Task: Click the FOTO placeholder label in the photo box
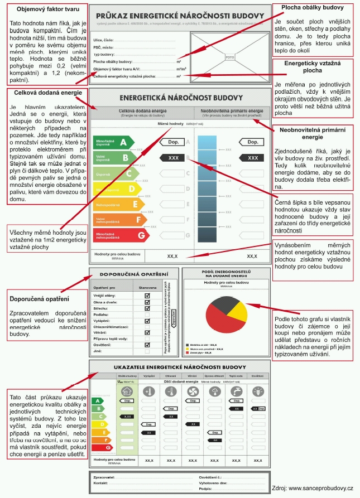coord(229,57)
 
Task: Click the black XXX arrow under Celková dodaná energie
coord(173,158)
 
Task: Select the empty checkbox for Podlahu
coord(147,314)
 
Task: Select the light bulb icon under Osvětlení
coord(257,392)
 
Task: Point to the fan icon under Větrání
coord(192,392)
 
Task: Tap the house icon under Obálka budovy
coord(127,392)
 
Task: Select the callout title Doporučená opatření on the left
coord(33,299)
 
